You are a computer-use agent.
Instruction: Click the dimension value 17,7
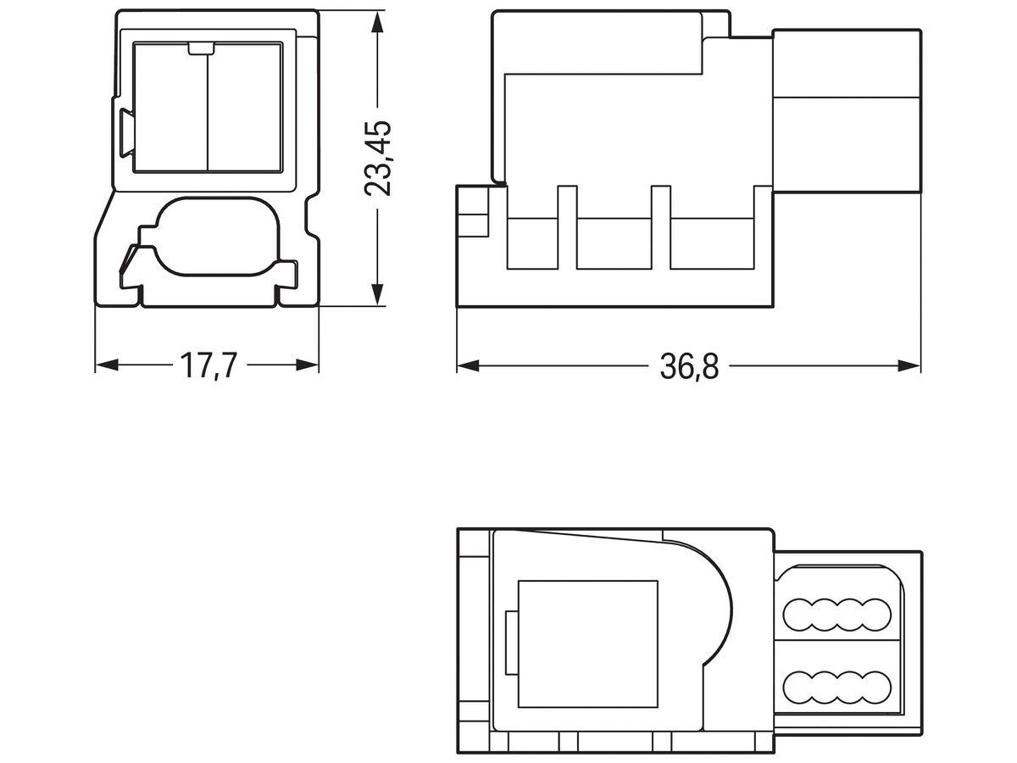click(207, 366)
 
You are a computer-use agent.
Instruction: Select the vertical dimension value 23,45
click(377, 159)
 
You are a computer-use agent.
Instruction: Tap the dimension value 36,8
click(688, 366)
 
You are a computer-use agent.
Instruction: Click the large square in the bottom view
click(587, 644)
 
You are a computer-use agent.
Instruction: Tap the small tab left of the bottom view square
click(510, 643)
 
